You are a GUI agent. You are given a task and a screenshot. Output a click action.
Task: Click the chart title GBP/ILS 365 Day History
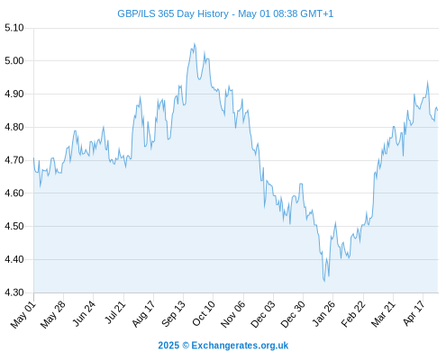click(173, 13)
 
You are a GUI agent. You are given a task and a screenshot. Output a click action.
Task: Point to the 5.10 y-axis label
click(14, 28)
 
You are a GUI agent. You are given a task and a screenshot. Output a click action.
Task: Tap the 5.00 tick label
click(14, 61)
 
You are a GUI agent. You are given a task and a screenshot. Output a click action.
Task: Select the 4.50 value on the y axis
click(14, 226)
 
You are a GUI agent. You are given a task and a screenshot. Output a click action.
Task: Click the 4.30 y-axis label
click(14, 292)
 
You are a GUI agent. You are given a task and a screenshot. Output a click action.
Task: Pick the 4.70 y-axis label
click(14, 160)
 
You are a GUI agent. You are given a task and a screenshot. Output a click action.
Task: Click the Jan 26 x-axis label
click(323, 314)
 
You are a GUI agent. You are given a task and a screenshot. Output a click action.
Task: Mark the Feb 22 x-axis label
click(353, 314)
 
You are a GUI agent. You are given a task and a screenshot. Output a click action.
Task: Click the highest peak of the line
click(195, 44)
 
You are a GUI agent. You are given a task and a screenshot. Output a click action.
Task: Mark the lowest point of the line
click(324, 281)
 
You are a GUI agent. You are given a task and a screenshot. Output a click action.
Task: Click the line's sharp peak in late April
click(427, 81)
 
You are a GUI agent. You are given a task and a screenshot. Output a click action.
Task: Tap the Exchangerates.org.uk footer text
click(240, 346)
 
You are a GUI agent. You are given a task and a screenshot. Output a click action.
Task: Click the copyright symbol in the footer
click(186, 346)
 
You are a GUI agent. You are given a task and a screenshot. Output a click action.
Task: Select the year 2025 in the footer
click(168, 346)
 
